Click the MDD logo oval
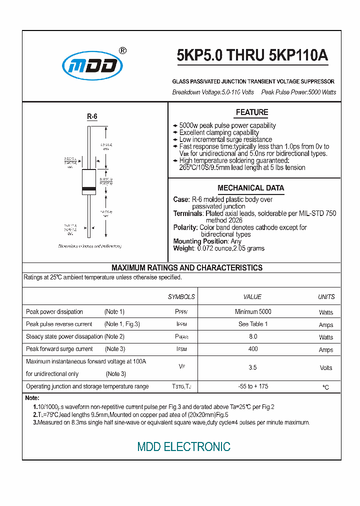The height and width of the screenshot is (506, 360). pos(92,66)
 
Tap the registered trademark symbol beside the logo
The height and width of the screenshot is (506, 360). pos(123,50)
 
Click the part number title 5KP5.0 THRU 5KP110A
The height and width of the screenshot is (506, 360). pos(252,56)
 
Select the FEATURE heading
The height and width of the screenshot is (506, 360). pos(252,112)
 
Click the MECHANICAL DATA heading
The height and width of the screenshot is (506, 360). pos(250,188)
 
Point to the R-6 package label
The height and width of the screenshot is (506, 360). pos(92,116)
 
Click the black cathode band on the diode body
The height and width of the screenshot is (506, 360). pos(88,189)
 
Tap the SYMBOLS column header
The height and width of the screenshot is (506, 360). pos(181,296)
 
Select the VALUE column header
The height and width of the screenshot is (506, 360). pos(252,296)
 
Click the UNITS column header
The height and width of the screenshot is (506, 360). pos(326,296)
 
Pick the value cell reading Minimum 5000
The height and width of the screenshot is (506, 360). pos(253,311)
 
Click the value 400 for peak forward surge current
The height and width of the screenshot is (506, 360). pos(253,349)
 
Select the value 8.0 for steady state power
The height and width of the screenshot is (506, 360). pos(253,336)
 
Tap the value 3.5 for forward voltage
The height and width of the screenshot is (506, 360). pos(253,367)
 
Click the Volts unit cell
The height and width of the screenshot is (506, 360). pos(326,367)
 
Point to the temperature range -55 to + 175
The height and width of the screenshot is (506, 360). pos(253,386)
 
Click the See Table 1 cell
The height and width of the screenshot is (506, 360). pos(253,324)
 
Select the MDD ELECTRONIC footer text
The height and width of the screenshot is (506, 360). pos(184,446)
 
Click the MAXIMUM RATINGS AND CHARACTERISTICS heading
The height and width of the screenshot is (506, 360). pos(186,268)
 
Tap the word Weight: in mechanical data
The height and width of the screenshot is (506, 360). pos(183,248)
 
